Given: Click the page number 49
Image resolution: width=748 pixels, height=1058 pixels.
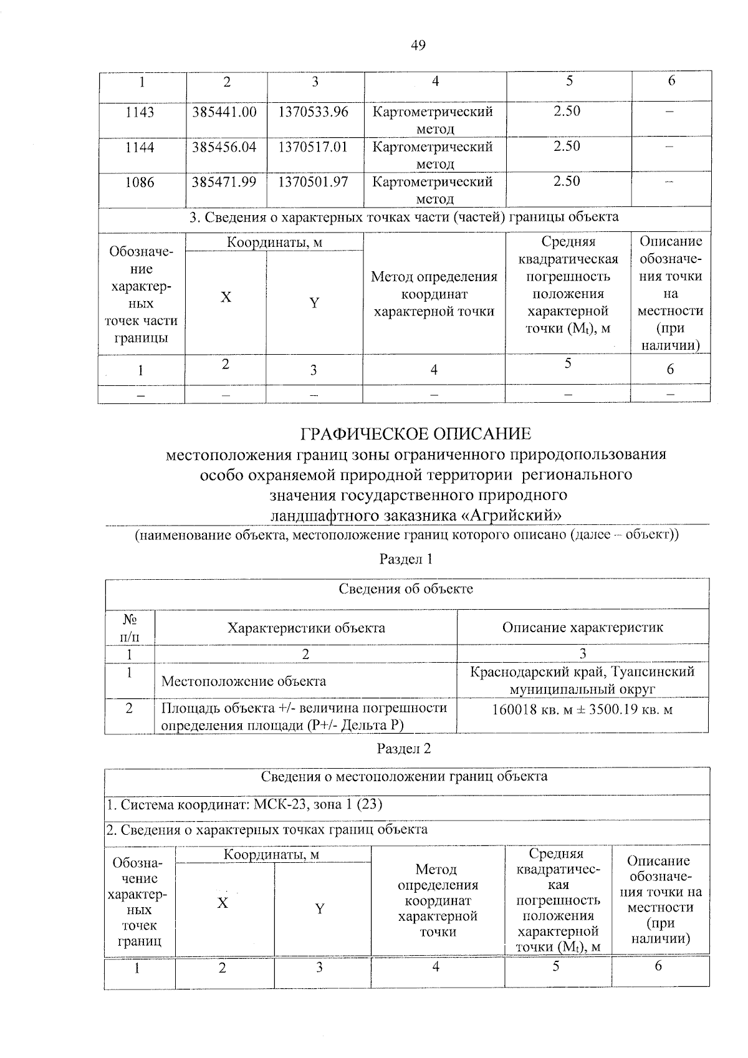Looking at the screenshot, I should click(418, 45).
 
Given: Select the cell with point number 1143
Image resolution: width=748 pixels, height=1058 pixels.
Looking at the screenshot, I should click(140, 113).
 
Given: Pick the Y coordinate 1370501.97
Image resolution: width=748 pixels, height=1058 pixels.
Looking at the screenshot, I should click(313, 182).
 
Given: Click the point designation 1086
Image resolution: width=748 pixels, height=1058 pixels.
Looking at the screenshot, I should click(140, 183).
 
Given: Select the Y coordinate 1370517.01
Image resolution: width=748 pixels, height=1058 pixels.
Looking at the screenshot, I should click(313, 147).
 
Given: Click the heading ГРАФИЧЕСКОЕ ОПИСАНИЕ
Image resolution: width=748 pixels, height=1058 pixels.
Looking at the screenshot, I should click(416, 433).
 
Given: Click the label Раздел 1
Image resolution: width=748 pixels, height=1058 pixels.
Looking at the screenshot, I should click(406, 559).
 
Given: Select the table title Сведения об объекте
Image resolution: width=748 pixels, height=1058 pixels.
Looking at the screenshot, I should click(406, 589).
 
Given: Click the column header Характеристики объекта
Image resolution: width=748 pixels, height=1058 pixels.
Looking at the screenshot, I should click(305, 628).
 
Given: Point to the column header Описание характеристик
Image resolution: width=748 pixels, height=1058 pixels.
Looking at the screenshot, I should click(582, 627).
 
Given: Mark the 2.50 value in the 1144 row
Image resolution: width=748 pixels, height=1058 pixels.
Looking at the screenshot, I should click(567, 147).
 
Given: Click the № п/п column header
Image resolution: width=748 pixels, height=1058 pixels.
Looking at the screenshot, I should click(130, 628).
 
